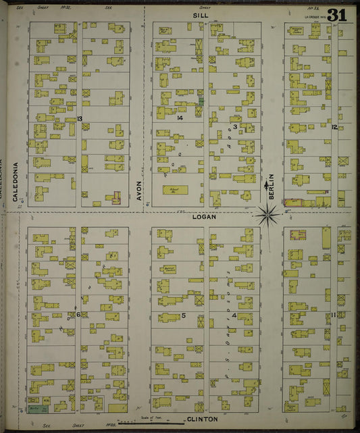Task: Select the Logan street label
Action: (x=203, y=216)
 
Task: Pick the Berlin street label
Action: (x=272, y=185)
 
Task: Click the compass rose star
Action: (x=268, y=215)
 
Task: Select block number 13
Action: (x=79, y=119)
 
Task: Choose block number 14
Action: (x=180, y=118)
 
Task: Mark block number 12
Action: (x=334, y=126)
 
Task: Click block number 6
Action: (x=78, y=314)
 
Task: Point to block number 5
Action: (x=183, y=315)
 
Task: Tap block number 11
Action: (x=334, y=315)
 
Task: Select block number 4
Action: (x=234, y=315)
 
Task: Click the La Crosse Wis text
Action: (x=315, y=16)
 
